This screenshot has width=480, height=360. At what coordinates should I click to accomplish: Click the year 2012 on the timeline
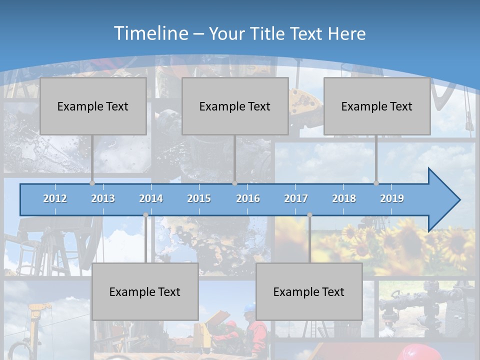(x=55, y=198)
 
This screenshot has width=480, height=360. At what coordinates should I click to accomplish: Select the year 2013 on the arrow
(x=103, y=198)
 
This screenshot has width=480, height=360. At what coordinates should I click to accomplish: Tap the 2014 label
(x=151, y=198)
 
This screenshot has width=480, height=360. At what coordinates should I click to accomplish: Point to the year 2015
(x=199, y=198)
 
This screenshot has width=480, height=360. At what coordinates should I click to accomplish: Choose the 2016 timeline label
(x=248, y=198)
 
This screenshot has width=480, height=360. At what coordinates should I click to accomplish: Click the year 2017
(x=296, y=198)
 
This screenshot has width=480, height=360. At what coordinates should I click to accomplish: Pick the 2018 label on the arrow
(x=344, y=198)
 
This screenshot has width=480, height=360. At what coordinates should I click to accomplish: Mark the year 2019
(x=392, y=198)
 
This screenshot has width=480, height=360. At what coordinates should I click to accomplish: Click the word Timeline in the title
(x=150, y=33)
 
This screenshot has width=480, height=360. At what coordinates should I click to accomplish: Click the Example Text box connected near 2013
(x=93, y=106)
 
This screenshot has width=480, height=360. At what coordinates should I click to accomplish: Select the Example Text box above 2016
(x=235, y=106)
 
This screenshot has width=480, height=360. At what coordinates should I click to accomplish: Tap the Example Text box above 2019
(x=377, y=106)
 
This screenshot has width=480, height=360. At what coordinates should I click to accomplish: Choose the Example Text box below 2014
(x=145, y=291)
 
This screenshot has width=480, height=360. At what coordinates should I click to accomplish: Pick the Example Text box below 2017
(x=309, y=291)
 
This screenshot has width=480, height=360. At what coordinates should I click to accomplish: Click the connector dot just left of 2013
(x=92, y=183)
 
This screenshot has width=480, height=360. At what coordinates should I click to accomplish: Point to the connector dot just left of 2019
(x=376, y=183)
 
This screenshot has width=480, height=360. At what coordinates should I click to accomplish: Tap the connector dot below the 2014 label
(x=145, y=215)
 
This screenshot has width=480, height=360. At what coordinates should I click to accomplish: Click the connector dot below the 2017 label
(x=309, y=215)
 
